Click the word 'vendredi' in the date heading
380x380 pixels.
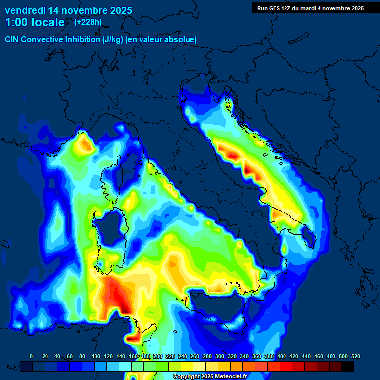pos(25,10)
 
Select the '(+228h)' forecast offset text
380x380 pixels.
pos(88,22)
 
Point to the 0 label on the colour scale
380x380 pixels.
pos(31,356)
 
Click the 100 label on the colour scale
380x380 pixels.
pos(95,356)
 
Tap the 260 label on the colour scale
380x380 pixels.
pos(194,356)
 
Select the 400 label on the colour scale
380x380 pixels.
pos(281,356)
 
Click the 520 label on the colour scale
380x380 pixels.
pos(355,356)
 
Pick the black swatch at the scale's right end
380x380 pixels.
pos(348,366)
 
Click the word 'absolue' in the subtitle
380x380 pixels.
pos(183,39)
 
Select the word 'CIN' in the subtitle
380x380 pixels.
pos(12,39)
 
